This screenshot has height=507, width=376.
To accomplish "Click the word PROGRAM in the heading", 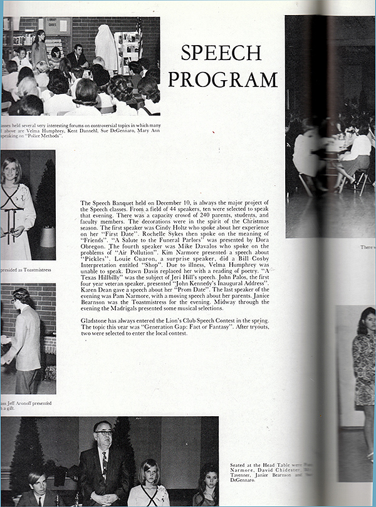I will pyautogui.click(x=222, y=80).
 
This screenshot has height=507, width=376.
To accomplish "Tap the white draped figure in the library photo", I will pyautogui.click(x=107, y=47).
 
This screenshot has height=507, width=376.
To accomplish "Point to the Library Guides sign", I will pyautogui.click(x=63, y=27).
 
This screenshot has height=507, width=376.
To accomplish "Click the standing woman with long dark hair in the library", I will pyautogui.click(x=39, y=47).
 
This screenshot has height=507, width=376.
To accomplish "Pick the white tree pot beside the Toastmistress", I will pyautogui.click(x=48, y=237).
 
